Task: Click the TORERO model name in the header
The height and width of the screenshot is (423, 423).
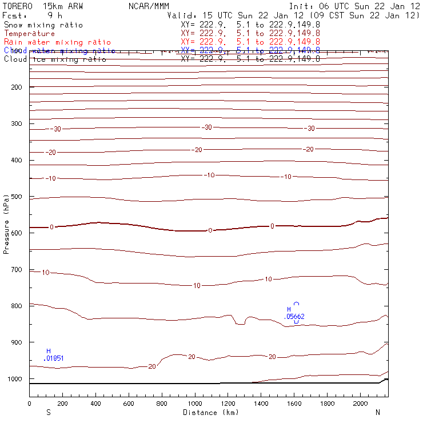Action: [18, 6]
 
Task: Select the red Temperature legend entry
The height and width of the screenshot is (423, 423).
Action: [29, 34]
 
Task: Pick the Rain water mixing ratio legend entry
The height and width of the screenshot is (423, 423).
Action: [57, 42]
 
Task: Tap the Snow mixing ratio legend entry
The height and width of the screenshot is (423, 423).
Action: [43, 25]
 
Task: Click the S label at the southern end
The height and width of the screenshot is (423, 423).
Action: [48, 412]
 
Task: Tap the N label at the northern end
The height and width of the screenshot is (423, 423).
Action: [377, 412]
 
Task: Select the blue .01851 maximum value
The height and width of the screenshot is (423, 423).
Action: [54, 358]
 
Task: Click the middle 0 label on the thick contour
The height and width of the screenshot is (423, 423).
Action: [210, 230]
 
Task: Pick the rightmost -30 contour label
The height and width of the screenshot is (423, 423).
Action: [310, 129]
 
